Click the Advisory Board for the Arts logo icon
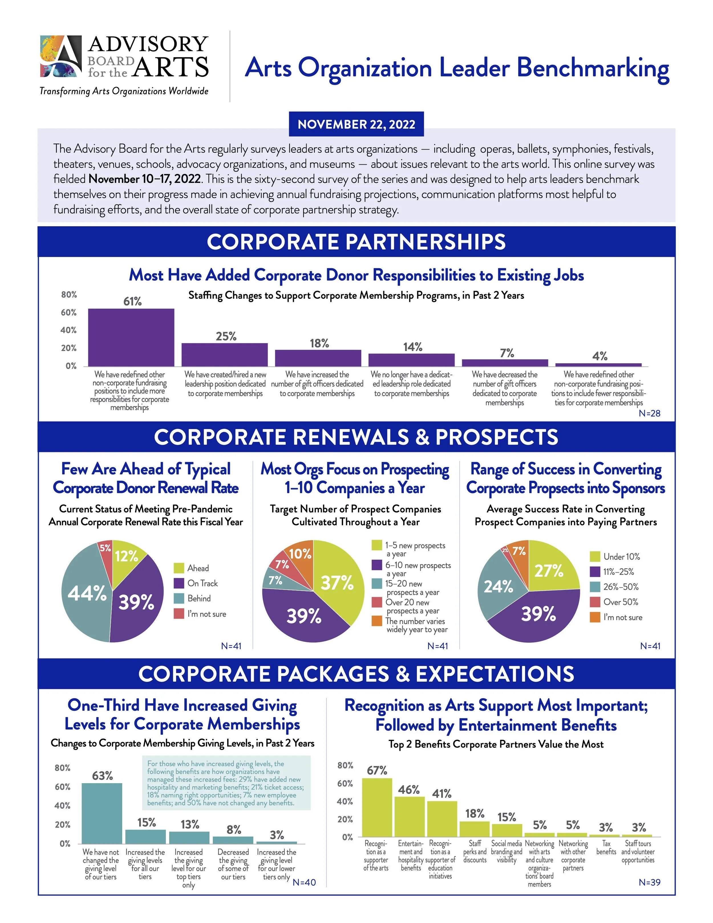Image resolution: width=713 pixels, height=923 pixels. point(61,56)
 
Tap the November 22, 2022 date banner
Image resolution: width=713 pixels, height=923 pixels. point(356,124)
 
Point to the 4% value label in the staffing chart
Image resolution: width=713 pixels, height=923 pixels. point(599,356)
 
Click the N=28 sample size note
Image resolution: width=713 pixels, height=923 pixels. point(649,413)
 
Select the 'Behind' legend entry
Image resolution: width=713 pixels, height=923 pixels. point(198,598)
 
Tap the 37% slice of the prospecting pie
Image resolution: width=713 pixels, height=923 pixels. point(338,583)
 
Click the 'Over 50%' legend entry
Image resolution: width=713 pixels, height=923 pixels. point(620,602)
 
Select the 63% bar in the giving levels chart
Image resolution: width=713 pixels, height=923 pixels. point(102,813)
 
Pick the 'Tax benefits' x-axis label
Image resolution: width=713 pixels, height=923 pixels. point(606,848)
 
